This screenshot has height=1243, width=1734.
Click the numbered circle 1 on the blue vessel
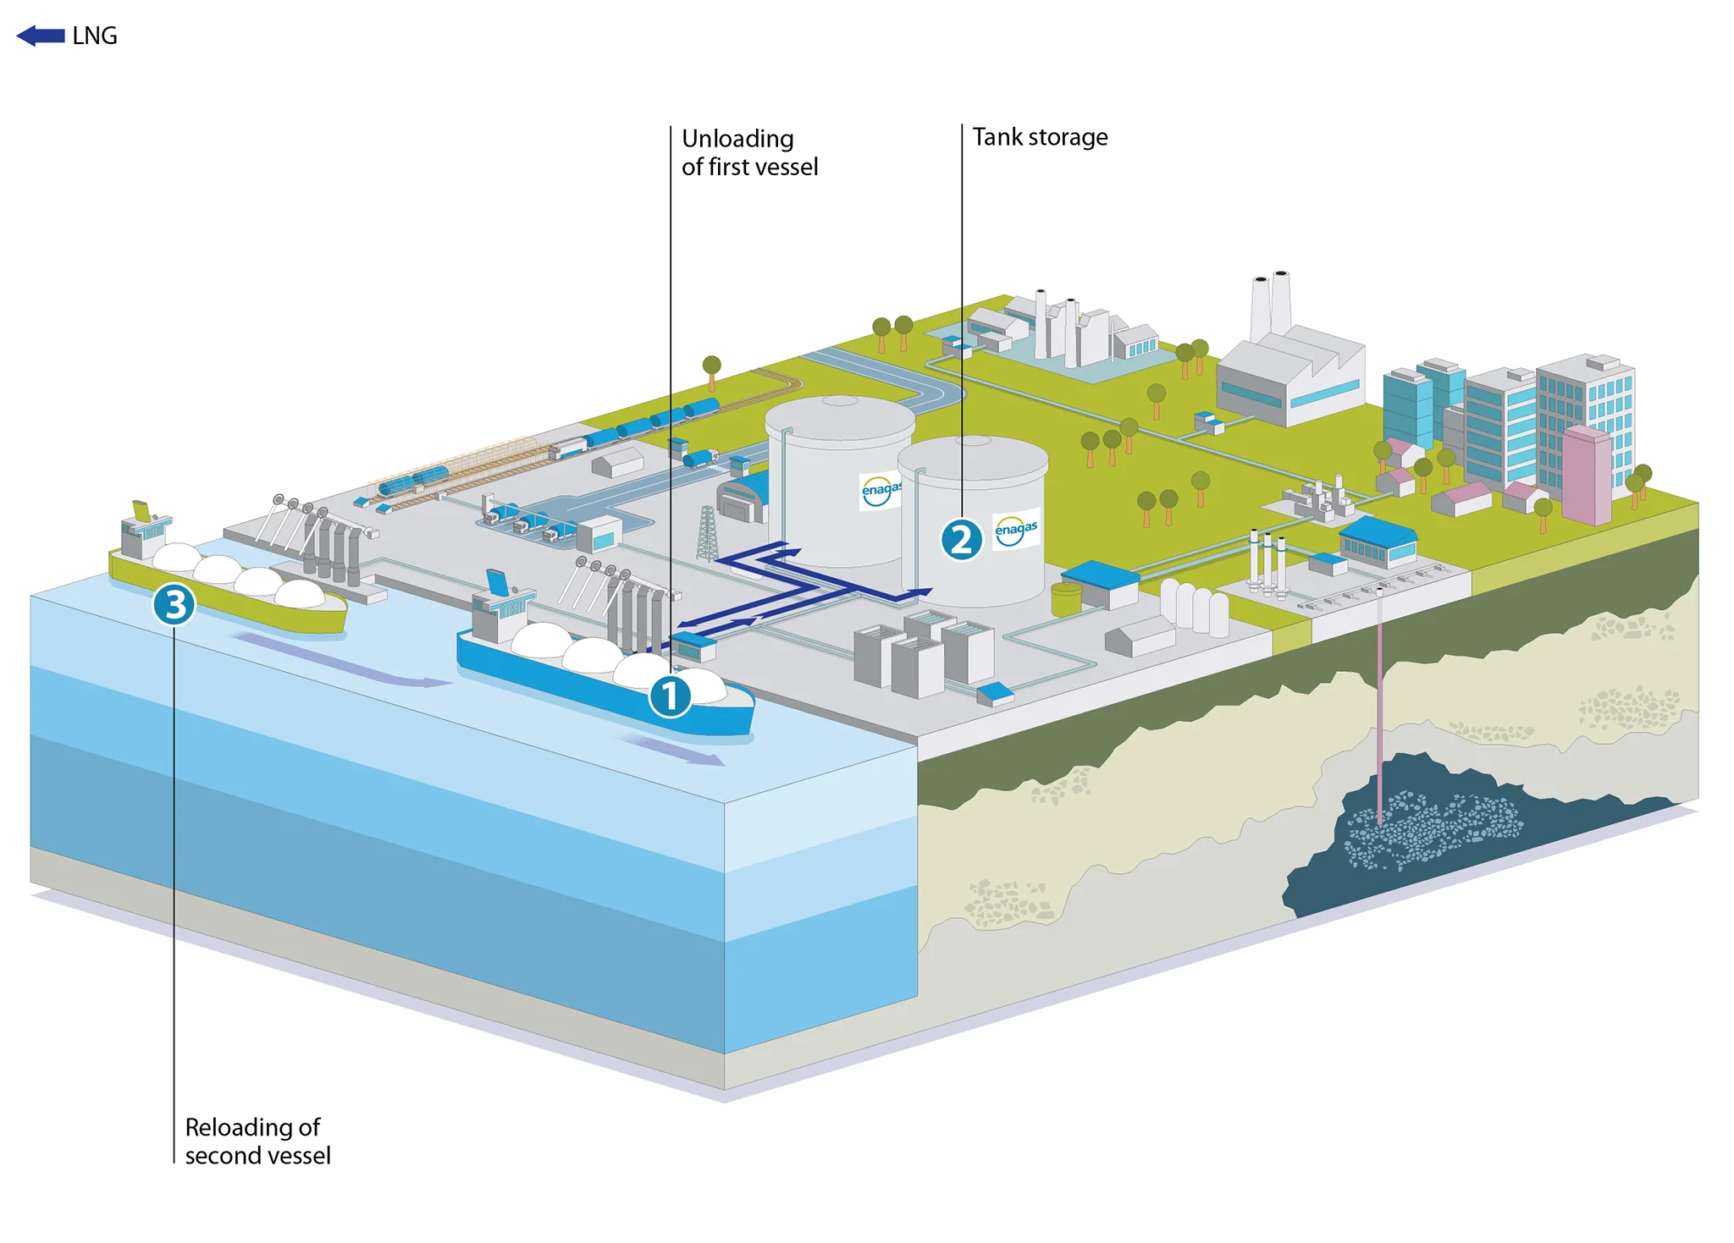[670, 696]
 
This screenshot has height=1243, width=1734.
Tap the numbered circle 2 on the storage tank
[961, 539]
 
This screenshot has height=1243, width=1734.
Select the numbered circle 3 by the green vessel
[174, 605]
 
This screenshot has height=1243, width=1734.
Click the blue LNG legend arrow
[41, 36]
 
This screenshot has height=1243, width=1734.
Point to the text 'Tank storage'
[1040, 137]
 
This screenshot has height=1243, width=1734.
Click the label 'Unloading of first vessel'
[749, 152]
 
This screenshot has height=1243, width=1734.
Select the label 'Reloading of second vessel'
[257, 1141]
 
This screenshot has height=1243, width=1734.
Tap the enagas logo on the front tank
[1016, 530]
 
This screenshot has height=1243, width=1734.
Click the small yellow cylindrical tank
[1066, 599]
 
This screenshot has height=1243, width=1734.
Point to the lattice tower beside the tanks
[706, 534]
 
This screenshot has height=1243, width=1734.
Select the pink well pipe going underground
[1379, 702]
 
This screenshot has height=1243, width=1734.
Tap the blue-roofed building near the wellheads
[1378, 542]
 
